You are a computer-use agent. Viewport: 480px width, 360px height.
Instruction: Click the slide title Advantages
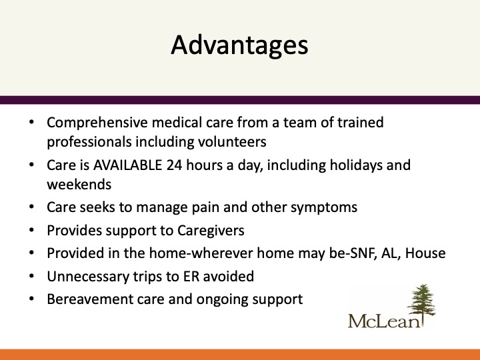pyautogui.click(x=239, y=45)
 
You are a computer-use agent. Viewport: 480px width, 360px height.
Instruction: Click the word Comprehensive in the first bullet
pyautogui.click(x=97, y=123)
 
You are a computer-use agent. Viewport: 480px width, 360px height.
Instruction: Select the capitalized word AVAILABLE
pyautogui.click(x=127, y=165)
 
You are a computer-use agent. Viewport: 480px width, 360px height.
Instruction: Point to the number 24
pyautogui.click(x=174, y=165)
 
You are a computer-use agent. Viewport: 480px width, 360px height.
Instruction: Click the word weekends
pyautogui.click(x=79, y=185)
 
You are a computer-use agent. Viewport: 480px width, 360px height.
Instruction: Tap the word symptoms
pyautogui.click(x=324, y=208)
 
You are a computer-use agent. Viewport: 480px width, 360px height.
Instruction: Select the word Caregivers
pyautogui.click(x=211, y=231)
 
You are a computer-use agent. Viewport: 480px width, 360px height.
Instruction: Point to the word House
pyautogui.click(x=425, y=253)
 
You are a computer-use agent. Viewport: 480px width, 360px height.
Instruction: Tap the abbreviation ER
pyautogui.click(x=191, y=277)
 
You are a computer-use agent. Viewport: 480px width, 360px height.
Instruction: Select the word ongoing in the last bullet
pyautogui.click(x=222, y=300)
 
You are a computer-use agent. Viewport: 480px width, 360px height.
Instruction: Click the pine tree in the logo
pyautogui.click(x=421, y=301)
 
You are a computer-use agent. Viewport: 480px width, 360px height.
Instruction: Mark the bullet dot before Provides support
pyautogui.click(x=31, y=230)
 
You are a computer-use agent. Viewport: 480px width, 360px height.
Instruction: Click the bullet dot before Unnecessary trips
pyautogui.click(x=31, y=276)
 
